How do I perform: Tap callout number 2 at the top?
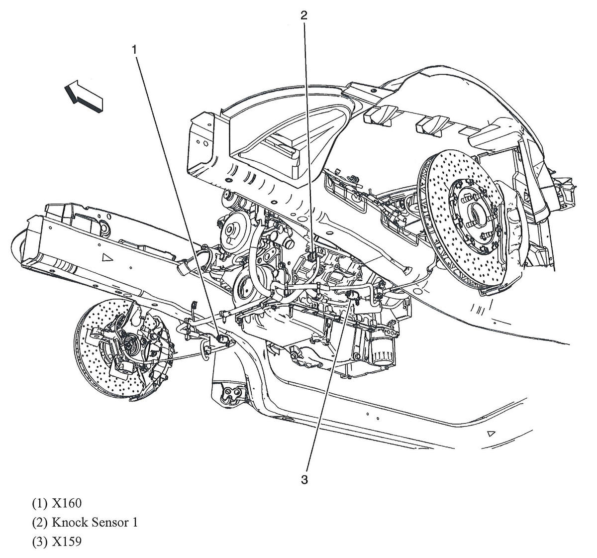pyautogui.click(x=303, y=15)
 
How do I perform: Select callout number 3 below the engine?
pyautogui.click(x=304, y=480)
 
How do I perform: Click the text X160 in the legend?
pyautogui.click(x=66, y=503)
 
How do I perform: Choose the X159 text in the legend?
pyautogui.click(x=66, y=541)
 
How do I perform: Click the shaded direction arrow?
pyautogui.click(x=83, y=95)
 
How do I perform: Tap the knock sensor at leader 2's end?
pyautogui.click(x=311, y=258)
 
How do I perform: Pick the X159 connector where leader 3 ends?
pyautogui.click(x=351, y=296)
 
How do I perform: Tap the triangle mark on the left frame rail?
pyautogui.click(x=105, y=257)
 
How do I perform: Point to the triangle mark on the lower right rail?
pyautogui.click(x=492, y=434)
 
